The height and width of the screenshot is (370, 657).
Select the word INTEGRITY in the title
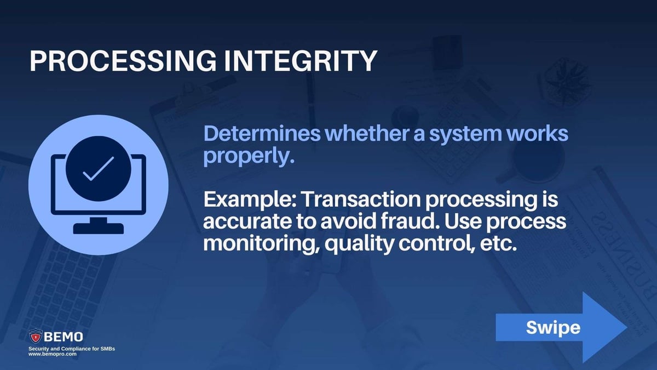pyautogui.click(x=299, y=61)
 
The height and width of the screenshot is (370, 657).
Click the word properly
pyautogui.click(x=250, y=157)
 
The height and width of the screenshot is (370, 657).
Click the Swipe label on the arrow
pyautogui.click(x=552, y=327)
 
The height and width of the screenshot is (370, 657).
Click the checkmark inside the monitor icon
pyautogui.click(x=98, y=169)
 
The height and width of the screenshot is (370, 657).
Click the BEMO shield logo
pyautogui.click(x=36, y=336)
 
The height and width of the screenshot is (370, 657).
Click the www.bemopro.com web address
pyautogui.click(x=53, y=355)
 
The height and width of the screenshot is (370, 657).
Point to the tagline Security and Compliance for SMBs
pyautogui.click(x=72, y=349)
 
